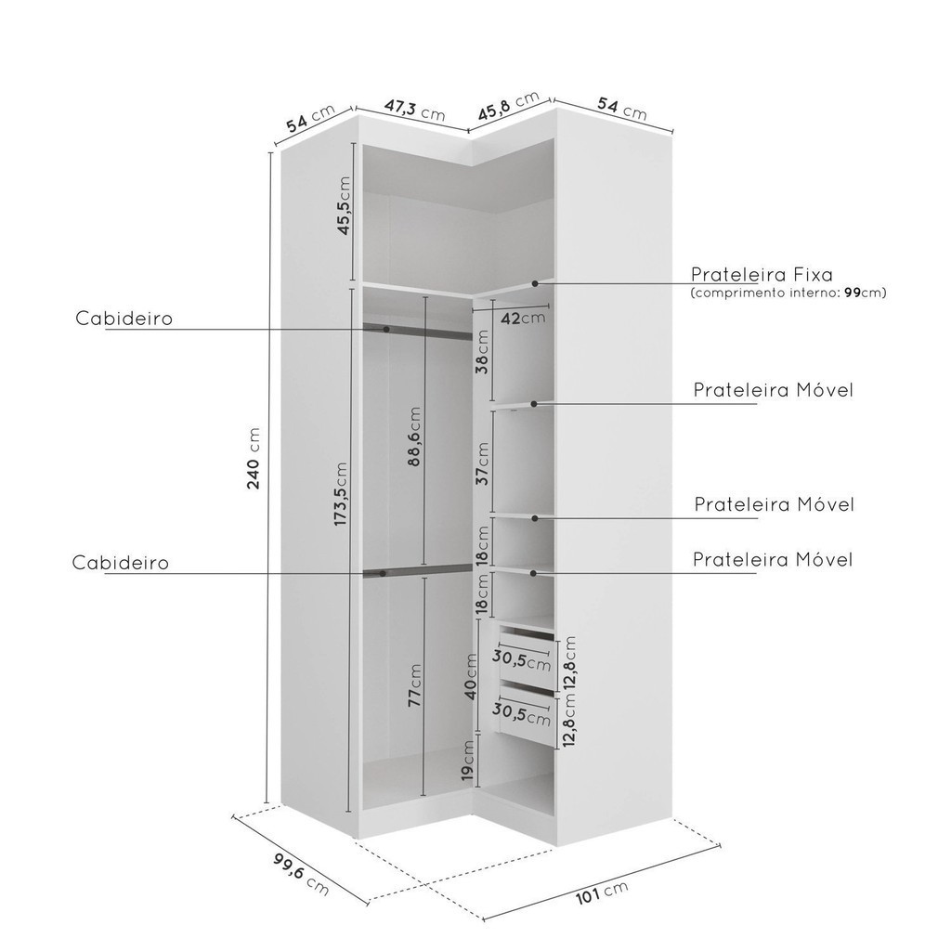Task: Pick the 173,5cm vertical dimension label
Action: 341,494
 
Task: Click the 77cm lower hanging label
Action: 414,685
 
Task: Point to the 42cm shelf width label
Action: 522,318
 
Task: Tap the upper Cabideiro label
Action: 124,319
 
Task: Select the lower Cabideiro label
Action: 121,563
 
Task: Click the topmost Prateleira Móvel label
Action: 773,390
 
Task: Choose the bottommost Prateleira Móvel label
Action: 773,559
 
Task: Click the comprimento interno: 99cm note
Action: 788,293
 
